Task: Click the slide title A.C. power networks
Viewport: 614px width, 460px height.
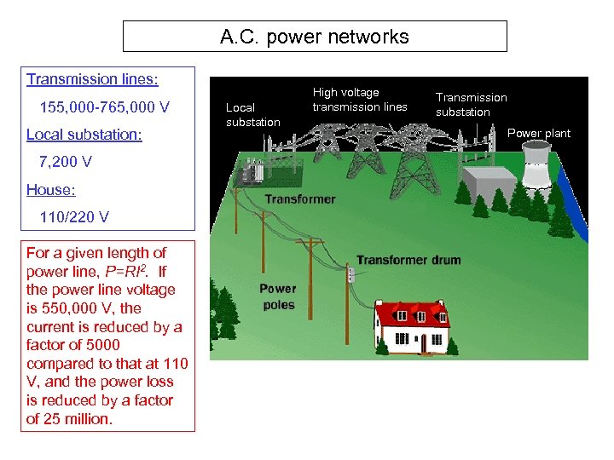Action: pos(315,37)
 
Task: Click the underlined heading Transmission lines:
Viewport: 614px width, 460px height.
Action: pos(92,79)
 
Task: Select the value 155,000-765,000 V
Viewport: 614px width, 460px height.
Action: pos(105,107)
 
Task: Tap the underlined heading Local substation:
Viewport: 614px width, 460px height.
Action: pos(84,135)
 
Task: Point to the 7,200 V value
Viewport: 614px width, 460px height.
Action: pos(66,162)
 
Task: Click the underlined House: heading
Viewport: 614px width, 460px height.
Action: pos(51,189)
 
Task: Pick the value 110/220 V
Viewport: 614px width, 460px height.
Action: pos(74,216)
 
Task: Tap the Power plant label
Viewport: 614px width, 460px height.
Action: pos(539,133)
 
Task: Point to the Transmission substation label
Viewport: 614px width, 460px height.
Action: pos(471,105)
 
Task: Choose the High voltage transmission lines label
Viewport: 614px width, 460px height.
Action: pos(360,100)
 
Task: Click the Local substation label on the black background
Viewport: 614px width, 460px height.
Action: pos(252,115)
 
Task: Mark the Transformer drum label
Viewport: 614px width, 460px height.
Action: pos(408,260)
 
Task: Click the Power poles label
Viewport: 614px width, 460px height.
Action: pos(278,296)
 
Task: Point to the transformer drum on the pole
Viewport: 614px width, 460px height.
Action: pos(349,274)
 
